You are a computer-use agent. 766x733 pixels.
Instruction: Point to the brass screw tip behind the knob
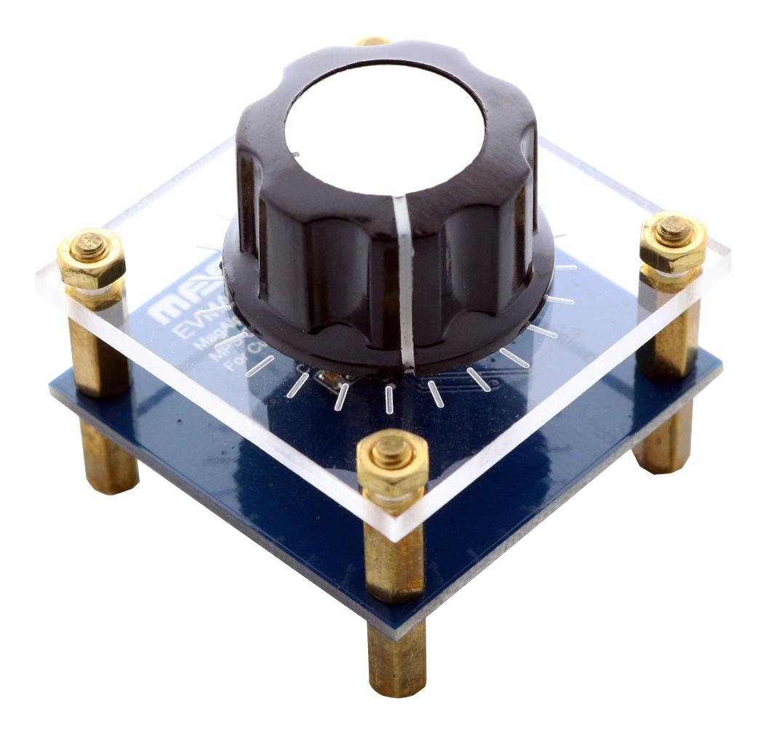pyautogui.click(x=373, y=41)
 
